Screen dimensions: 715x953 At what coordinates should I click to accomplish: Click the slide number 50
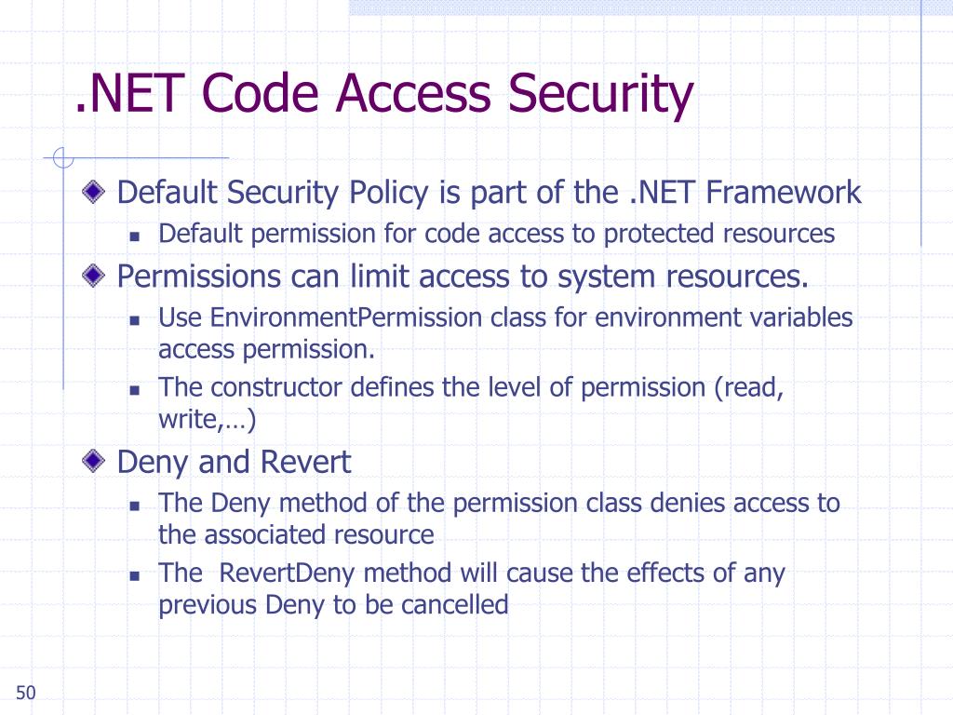[x=25, y=693]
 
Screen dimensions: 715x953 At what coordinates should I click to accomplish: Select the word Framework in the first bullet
[x=784, y=193]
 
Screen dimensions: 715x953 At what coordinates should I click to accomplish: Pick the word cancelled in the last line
[x=455, y=605]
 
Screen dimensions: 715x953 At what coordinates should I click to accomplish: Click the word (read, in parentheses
[x=748, y=387]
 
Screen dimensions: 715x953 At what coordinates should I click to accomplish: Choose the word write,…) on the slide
[x=207, y=420]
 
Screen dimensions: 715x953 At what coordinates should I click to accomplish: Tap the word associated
[x=265, y=535]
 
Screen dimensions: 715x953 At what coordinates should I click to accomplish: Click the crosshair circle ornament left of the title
[x=63, y=159]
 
